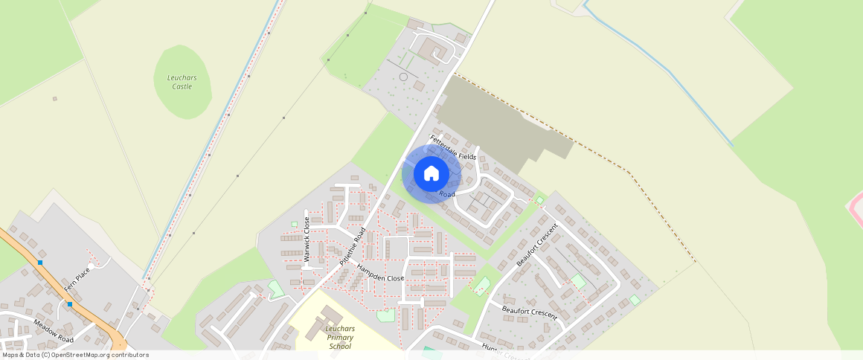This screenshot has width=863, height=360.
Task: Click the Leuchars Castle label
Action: click(182, 81)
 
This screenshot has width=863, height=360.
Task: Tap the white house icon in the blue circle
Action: click(431, 174)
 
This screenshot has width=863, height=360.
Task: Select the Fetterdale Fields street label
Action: click(453, 147)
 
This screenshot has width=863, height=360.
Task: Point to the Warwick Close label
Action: click(307, 239)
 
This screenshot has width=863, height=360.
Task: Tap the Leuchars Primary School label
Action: click(340, 337)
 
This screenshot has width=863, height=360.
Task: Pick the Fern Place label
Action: click(77, 277)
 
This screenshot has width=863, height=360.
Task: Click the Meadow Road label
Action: click(54, 330)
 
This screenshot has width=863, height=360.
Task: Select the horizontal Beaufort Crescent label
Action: click(530, 311)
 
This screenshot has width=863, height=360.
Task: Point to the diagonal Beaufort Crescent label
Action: click(537, 245)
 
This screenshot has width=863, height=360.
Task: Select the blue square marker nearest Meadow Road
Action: click(69, 304)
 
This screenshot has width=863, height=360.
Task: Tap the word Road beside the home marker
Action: click(446, 193)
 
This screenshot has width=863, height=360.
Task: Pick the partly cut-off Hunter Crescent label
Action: click(506, 350)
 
